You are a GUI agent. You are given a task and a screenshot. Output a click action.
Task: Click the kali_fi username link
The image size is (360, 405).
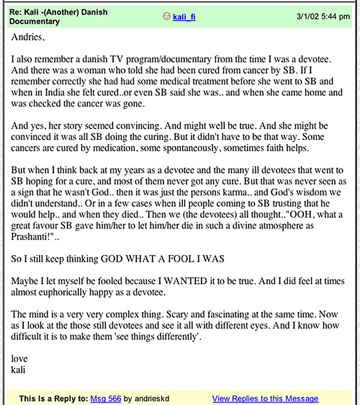click(184, 17)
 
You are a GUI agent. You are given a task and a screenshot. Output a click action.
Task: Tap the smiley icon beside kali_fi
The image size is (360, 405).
click(167, 16)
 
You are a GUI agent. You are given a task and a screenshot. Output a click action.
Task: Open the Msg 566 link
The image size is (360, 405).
click(105, 399)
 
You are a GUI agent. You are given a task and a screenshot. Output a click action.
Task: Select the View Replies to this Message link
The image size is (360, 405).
click(265, 399)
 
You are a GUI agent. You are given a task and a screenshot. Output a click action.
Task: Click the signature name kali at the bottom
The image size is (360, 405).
click(18, 369)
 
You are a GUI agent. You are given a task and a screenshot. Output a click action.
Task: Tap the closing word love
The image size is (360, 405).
click(19, 359)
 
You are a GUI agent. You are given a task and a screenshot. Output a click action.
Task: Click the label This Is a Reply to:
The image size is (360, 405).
click(53, 399)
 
